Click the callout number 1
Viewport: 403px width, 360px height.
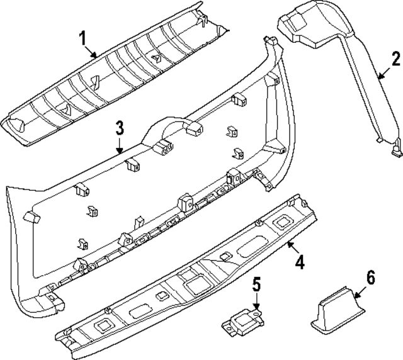pyautogui.click(x=81, y=40)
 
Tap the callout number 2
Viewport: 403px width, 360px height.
pyautogui.click(x=395, y=60)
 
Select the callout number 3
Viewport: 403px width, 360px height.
pyautogui.click(x=119, y=129)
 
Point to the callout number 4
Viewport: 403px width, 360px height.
pyautogui.click(x=300, y=262)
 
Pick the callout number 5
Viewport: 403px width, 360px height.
pyautogui.click(x=256, y=284)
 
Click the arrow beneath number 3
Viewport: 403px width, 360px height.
pyautogui.click(x=119, y=148)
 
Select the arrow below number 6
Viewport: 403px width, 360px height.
pyautogui.click(x=358, y=293)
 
